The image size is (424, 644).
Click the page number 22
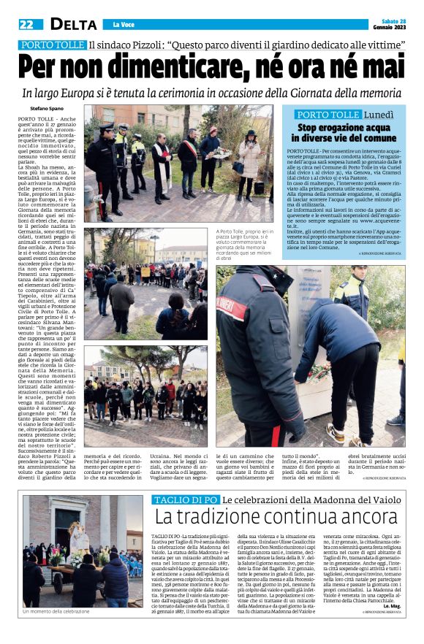pyautogui.click(x=26, y=24)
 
